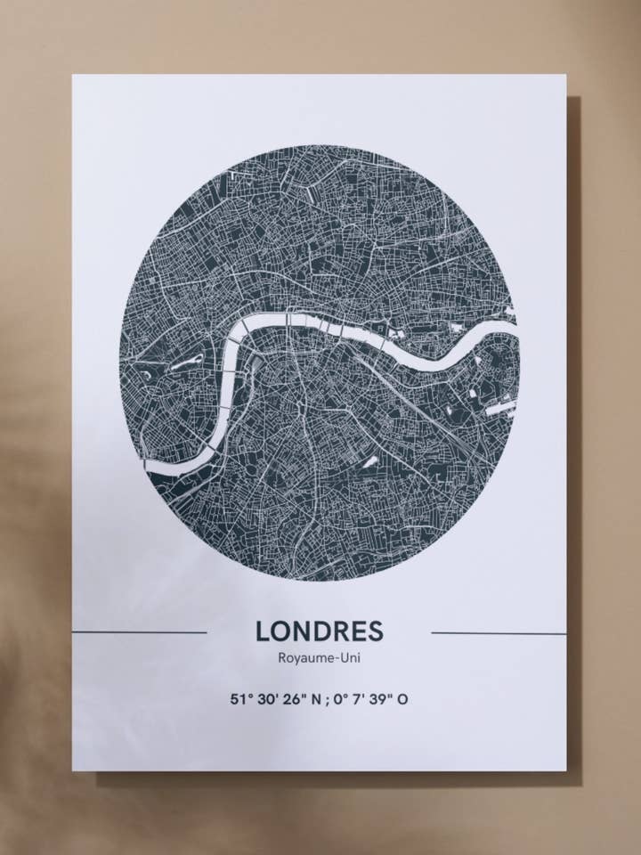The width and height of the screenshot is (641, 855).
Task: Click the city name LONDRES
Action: [320, 631]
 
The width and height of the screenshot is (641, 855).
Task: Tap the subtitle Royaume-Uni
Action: [320, 659]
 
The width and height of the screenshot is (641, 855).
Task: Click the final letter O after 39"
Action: [403, 699]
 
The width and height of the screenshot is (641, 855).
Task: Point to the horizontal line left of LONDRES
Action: [140, 632]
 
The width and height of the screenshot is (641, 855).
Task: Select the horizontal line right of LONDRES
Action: [499, 633]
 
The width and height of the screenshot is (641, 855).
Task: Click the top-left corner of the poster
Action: [73, 75]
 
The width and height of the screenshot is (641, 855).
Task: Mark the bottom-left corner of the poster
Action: [73, 770]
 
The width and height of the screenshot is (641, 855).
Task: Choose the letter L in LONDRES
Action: [263, 631]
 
